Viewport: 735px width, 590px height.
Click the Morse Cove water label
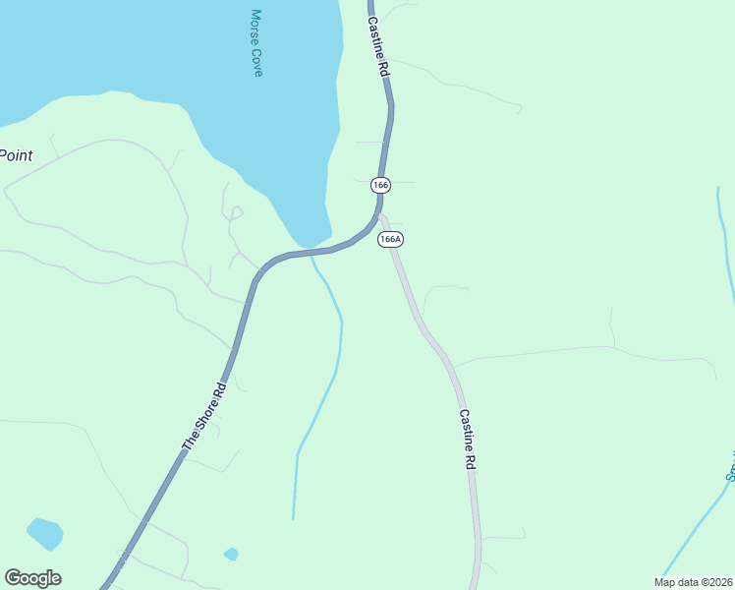[x=257, y=43]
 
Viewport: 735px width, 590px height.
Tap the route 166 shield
[x=381, y=185]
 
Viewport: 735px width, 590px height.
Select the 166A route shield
[x=390, y=239]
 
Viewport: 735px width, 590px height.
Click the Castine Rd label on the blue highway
[x=379, y=49]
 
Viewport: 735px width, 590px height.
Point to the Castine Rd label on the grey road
[x=467, y=440]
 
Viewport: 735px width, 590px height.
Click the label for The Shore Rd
[x=204, y=417]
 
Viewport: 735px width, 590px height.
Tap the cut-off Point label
[x=16, y=155]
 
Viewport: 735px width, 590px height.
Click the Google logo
[x=32, y=578]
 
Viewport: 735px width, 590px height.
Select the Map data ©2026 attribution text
[x=693, y=582]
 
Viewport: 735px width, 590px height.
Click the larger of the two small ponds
[x=44, y=534]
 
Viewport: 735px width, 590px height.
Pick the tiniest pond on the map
[x=231, y=554]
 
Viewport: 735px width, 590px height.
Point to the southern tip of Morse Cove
[x=308, y=245]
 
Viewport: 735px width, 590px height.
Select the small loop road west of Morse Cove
[x=235, y=211]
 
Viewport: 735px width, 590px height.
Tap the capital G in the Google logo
[x=14, y=578]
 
